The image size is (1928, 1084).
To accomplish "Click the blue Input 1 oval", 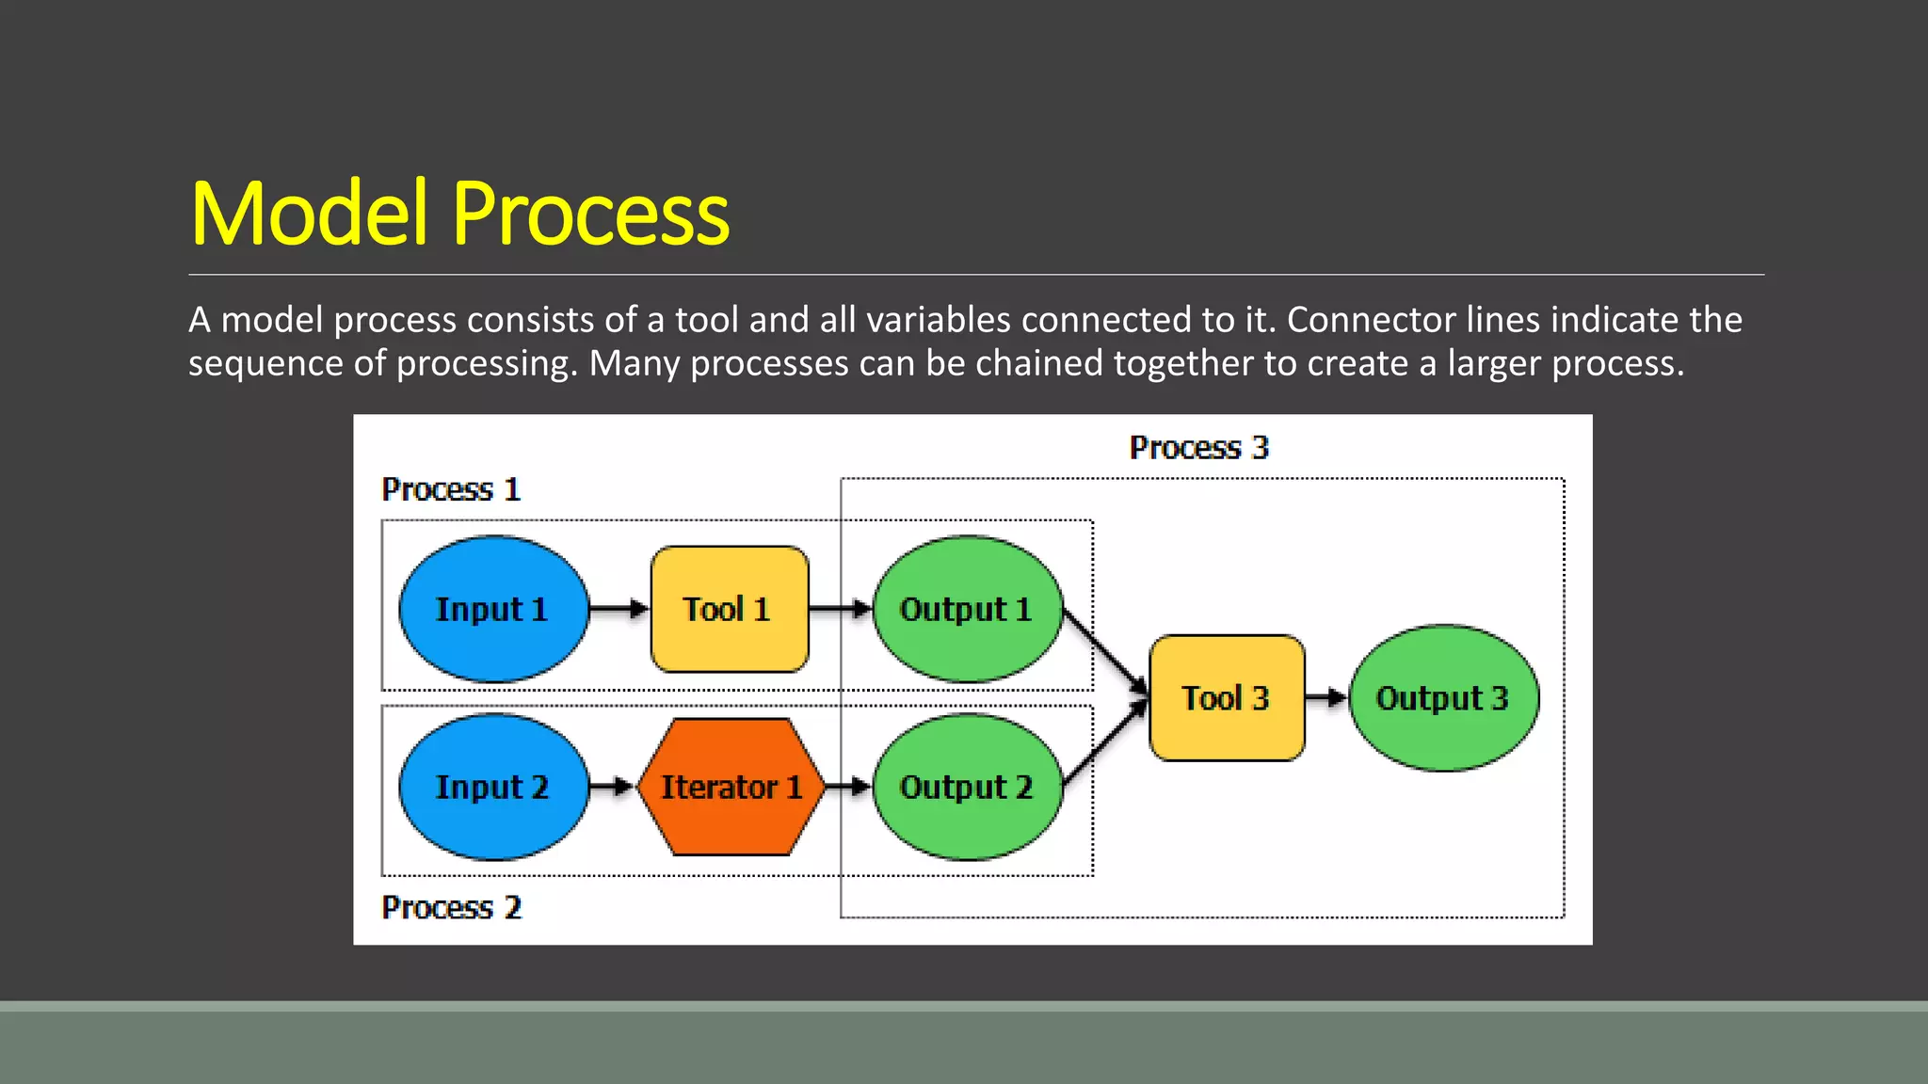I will [x=493, y=609].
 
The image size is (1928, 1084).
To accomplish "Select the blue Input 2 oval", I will [x=493, y=787].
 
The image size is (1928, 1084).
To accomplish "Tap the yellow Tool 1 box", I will [x=730, y=609].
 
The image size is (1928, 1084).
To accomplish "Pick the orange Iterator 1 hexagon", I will [x=731, y=787].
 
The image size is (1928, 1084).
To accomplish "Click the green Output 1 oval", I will [x=968, y=609].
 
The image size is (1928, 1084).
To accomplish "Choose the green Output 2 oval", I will [x=968, y=787].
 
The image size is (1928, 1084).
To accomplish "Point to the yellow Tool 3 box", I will [x=1227, y=697].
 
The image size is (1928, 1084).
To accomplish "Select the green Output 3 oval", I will [x=1443, y=697].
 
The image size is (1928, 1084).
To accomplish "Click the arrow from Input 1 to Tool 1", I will [x=619, y=609].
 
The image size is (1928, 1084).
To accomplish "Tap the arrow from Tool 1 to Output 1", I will [x=840, y=609].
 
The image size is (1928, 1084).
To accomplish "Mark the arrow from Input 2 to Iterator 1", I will [x=611, y=787].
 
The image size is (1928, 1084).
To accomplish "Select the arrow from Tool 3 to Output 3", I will [x=1326, y=697].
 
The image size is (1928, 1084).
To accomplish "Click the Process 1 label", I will [x=451, y=489].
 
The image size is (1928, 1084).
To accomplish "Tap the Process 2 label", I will [x=451, y=907].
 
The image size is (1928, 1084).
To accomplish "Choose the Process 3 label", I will [x=1199, y=447].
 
